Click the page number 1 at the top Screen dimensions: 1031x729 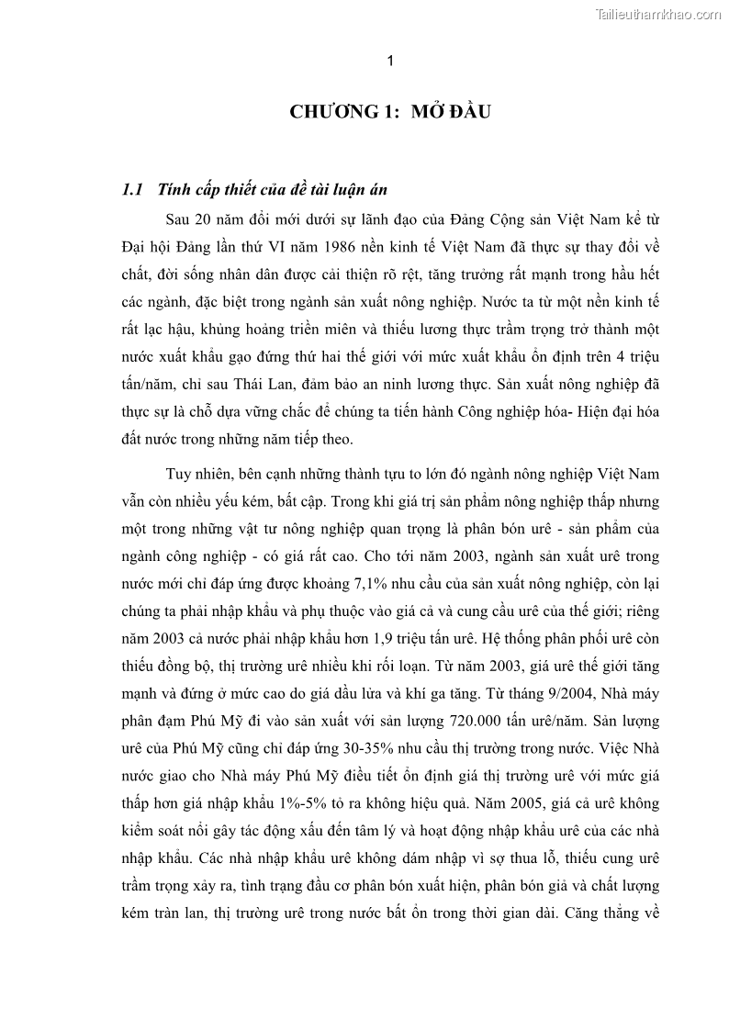pyautogui.click(x=391, y=62)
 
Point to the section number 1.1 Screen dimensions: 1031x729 pyautogui.click(x=132, y=190)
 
